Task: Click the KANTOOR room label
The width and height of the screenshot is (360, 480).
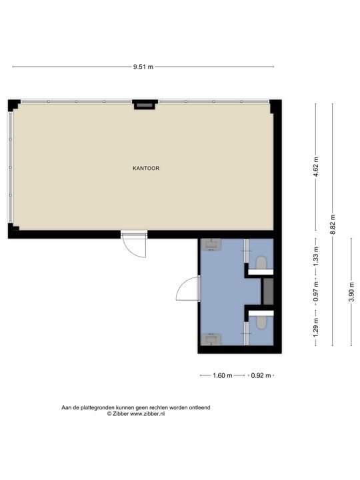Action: [x=146, y=169]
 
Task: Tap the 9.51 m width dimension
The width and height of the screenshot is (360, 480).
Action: [x=143, y=67]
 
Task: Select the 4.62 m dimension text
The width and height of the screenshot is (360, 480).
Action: [x=316, y=165]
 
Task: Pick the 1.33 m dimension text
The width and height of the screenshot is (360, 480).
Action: [x=316, y=255]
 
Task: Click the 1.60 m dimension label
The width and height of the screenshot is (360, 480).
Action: [x=222, y=376]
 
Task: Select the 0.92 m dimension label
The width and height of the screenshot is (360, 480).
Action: [x=261, y=376]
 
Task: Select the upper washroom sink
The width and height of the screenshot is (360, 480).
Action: [x=213, y=244]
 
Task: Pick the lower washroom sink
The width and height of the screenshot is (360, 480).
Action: [x=213, y=339]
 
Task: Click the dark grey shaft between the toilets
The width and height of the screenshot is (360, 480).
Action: [x=267, y=291]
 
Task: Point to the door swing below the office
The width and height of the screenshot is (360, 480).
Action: [x=136, y=247]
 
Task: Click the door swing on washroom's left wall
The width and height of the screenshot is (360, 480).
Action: [x=188, y=290]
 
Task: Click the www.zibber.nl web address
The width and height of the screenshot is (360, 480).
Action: [x=147, y=414]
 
